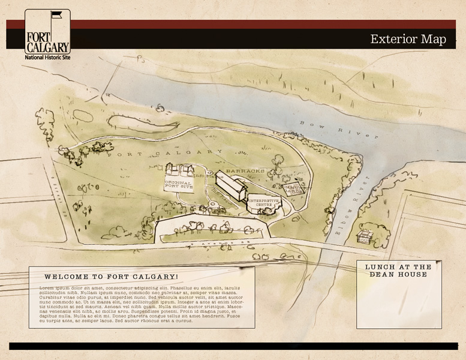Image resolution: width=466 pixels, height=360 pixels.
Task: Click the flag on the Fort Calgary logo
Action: tap(56, 14)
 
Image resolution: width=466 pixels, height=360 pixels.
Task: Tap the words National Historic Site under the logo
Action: tap(47, 58)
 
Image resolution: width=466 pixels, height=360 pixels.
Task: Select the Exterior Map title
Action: tap(408, 40)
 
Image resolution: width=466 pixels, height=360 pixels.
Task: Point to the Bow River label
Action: tap(339, 130)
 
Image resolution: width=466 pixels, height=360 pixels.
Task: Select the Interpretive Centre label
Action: tap(264, 202)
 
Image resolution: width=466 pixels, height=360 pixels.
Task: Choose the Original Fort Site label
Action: tap(179, 185)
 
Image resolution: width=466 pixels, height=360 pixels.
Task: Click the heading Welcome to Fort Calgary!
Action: tap(111, 277)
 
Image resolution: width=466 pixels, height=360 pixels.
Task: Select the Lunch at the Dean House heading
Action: tap(398, 271)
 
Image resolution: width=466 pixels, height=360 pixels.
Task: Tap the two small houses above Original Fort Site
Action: tap(181, 170)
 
